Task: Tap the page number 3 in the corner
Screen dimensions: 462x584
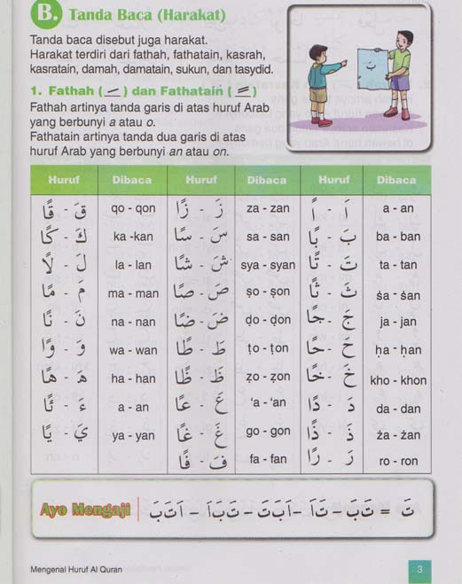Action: tap(418, 569)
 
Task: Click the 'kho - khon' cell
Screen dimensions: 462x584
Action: tap(398, 380)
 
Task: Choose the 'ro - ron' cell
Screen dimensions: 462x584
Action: tap(398, 461)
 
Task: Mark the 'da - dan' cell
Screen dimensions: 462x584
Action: tap(398, 409)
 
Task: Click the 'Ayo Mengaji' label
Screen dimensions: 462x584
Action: tap(85, 509)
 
